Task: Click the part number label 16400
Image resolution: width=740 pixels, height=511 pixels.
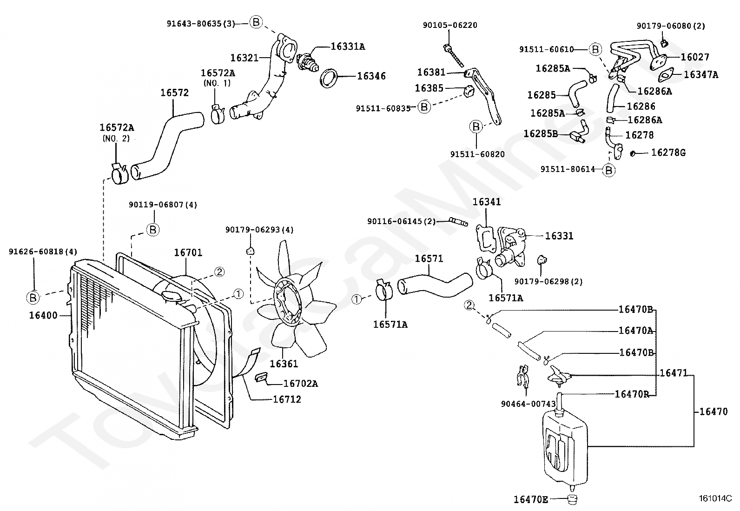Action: [x=43, y=315]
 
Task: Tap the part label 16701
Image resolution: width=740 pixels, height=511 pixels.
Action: [x=188, y=252]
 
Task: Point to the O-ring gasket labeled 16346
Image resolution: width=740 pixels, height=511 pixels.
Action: [x=330, y=78]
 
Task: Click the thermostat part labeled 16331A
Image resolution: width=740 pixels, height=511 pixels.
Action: [x=307, y=61]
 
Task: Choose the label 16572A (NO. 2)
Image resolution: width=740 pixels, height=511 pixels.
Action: [x=117, y=132]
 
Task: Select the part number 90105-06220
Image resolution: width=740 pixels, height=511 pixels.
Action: [x=450, y=25]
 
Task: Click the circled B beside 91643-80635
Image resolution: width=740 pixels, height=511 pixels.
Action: [x=256, y=22]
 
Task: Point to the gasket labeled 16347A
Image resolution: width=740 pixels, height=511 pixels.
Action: [x=666, y=75]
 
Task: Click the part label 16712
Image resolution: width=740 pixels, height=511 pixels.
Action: [x=287, y=399]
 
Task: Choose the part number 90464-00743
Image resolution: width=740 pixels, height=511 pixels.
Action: [x=528, y=404]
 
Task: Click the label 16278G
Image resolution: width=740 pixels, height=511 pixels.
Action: [x=668, y=153]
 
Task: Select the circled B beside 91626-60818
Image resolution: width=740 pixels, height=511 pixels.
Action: [x=33, y=298]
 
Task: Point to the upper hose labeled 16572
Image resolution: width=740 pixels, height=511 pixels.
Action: [x=168, y=146]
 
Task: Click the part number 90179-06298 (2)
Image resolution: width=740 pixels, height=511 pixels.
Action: [x=548, y=282]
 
